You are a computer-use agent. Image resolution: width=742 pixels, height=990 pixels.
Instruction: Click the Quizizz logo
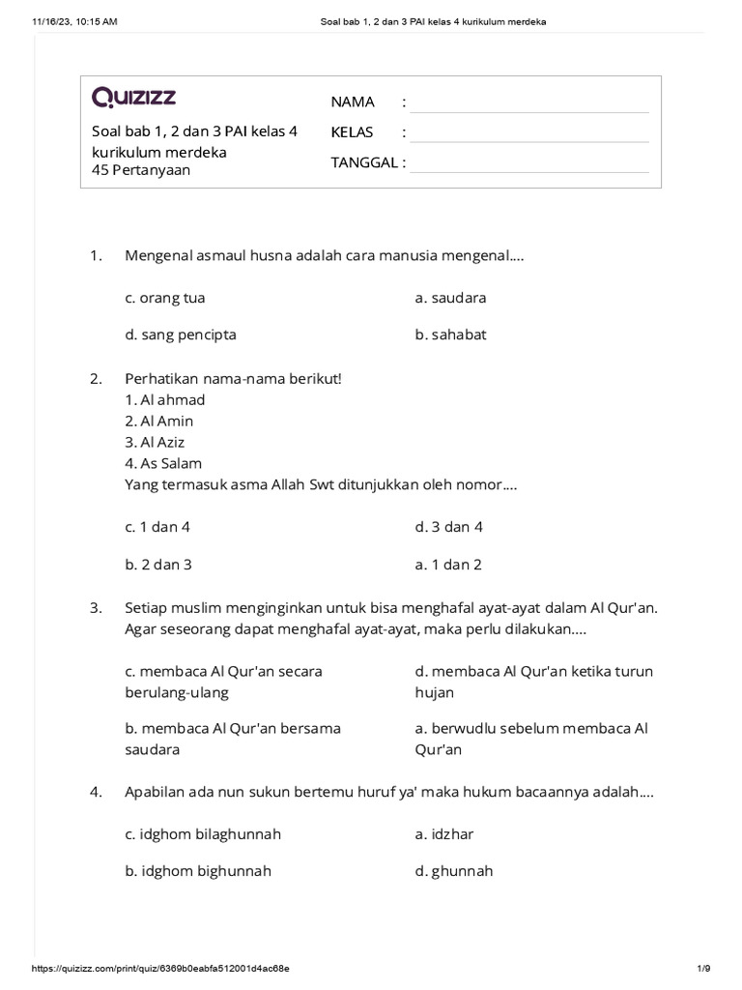pos(133,97)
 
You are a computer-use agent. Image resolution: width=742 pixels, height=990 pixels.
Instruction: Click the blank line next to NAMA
pos(528,102)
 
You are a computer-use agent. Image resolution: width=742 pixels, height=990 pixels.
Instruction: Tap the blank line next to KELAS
pos(528,132)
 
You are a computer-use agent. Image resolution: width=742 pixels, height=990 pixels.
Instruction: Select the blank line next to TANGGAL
pos(528,162)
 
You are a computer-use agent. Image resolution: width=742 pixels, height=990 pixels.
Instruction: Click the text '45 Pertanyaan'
pos(140,170)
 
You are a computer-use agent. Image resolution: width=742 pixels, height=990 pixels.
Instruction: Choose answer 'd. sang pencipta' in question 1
pos(180,335)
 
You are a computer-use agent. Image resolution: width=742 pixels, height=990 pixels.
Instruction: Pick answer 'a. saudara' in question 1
pos(450,298)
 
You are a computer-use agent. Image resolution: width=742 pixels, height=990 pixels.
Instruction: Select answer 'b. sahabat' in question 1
pos(450,335)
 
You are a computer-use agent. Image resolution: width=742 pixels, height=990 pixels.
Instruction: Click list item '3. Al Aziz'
pos(155,442)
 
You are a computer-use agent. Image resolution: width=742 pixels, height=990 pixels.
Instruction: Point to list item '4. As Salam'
pos(163,463)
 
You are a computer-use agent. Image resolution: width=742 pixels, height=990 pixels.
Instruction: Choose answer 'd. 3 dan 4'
pos(448,527)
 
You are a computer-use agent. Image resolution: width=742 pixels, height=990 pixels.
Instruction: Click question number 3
pos(96,608)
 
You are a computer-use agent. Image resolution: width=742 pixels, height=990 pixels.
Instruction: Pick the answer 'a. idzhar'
pos(444,833)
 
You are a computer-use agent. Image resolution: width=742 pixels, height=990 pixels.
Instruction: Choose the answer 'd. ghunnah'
pos(453,870)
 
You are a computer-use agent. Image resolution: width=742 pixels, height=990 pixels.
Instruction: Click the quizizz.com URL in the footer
pos(160,968)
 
